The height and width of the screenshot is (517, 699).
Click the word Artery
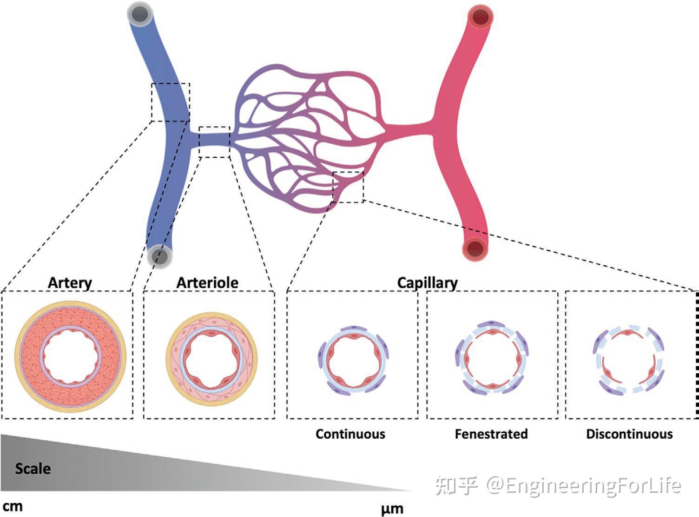click(70, 283)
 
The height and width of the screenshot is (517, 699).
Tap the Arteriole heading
click(207, 282)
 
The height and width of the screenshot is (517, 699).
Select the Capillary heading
click(427, 283)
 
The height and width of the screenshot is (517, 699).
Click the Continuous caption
click(350, 434)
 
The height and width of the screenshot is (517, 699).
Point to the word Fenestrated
click(491, 434)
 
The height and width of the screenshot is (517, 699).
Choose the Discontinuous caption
click(629, 434)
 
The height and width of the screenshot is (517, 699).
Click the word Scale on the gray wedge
click(33, 469)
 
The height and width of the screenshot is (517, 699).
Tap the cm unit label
click(13, 507)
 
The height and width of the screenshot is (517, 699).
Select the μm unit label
click(392, 509)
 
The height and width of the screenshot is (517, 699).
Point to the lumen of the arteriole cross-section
click(211, 359)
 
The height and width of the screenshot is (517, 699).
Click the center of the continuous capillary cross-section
click(353, 360)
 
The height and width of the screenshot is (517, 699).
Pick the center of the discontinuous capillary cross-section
click(628, 360)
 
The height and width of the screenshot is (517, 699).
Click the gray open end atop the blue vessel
click(140, 14)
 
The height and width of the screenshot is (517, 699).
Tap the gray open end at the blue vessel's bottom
click(160, 256)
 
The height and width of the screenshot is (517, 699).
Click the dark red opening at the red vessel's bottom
click(475, 248)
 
